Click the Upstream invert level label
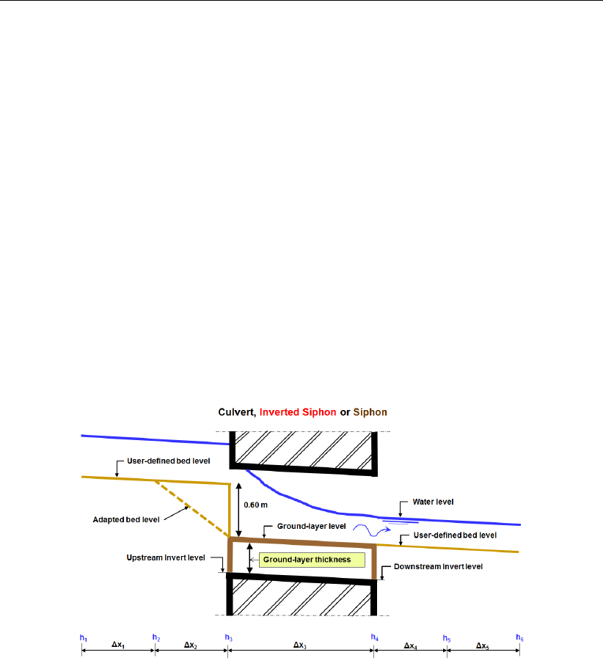click(166, 557)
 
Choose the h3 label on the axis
click(229, 638)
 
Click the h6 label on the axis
click(519, 638)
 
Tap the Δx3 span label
click(301, 645)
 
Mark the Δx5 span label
click(483, 645)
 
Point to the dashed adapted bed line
click(192, 508)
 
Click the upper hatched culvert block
click(303, 447)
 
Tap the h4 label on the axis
click(374, 638)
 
